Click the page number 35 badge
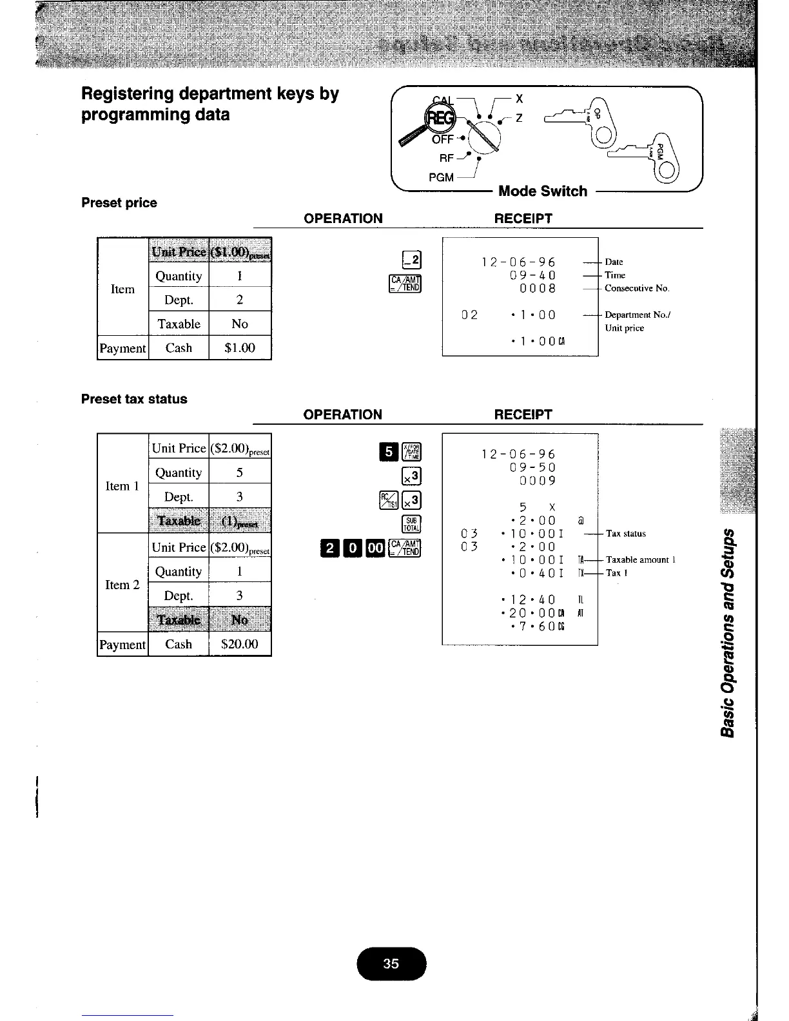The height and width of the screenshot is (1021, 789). (391, 964)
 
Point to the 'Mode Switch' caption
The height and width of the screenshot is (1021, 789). (543, 191)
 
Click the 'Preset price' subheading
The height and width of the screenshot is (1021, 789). (119, 202)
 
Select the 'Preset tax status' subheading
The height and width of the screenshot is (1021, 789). (134, 399)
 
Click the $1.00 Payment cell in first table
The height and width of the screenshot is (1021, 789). (240, 348)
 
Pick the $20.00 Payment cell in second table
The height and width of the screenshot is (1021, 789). (240, 644)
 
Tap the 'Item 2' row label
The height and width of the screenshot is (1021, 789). (122, 585)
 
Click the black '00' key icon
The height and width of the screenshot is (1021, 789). (375, 549)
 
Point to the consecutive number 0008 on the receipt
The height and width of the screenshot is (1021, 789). (538, 288)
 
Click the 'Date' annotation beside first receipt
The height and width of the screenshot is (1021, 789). (614, 262)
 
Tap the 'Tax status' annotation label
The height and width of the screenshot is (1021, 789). (625, 534)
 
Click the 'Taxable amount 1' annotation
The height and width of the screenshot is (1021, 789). (640, 559)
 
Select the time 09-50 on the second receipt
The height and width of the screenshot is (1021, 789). (532, 467)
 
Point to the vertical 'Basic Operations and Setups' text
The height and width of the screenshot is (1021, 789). (729, 632)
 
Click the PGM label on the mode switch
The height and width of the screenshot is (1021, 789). (441, 177)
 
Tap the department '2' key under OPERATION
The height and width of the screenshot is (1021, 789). (411, 260)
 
